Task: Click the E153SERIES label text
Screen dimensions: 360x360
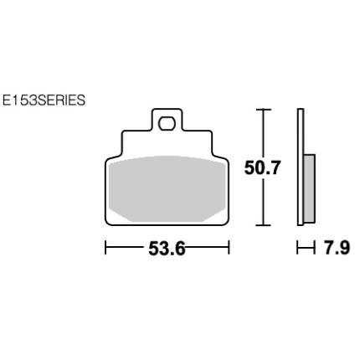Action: pos(44,100)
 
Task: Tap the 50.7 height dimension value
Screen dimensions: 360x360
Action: pos(262,168)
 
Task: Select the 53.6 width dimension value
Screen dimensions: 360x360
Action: pos(167,249)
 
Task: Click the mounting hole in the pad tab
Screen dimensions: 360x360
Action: pos(167,123)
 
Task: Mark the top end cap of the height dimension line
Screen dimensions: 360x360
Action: pos(264,110)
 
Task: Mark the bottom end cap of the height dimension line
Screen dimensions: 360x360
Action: pos(264,224)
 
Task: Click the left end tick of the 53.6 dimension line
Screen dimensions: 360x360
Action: pos(105,248)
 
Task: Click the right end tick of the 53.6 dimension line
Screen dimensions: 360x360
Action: pos(229,248)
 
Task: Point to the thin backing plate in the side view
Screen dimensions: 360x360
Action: pos(301,167)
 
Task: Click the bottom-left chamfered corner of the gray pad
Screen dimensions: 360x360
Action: pos(117,213)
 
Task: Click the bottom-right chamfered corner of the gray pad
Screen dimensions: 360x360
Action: pos(217,213)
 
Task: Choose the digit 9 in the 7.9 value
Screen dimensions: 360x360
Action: pos(342,249)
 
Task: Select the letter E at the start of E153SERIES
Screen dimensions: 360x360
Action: pos(7,100)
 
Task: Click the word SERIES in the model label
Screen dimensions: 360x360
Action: pos(61,100)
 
